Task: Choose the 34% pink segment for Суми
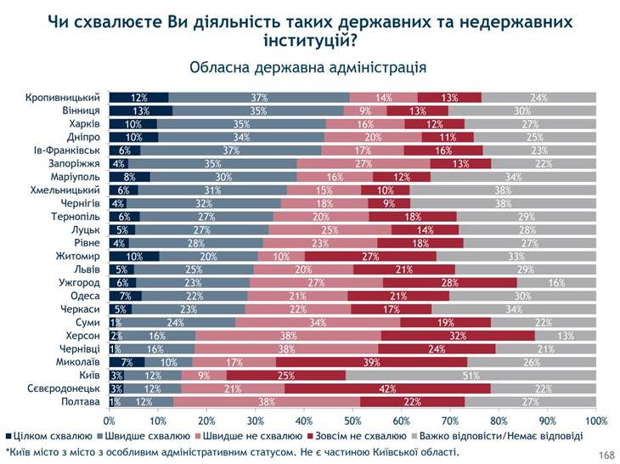click(x=318, y=322)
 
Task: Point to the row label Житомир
click(x=81, y=256)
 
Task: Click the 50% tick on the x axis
click(x=353, y=420)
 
